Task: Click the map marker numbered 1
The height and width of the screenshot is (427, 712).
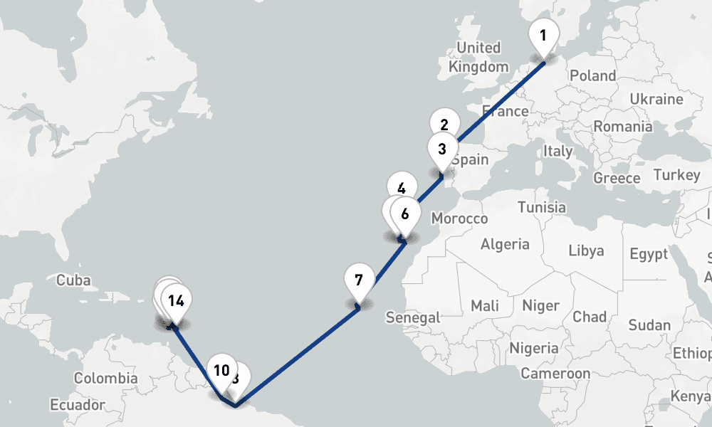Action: coord(543,36)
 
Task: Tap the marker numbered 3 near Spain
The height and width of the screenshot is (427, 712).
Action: coord(442,149)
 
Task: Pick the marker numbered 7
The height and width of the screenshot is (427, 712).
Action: coord(358,279)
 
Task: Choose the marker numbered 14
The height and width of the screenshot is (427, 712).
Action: coord(177,300)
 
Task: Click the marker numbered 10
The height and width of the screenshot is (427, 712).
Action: coord(221,370)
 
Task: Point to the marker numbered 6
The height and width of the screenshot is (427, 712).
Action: coord(405,213)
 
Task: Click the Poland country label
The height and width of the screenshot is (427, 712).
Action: coord(592,75)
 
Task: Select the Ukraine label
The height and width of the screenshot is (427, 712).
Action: coord(656,99)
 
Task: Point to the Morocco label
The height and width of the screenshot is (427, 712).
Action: coord(459,218)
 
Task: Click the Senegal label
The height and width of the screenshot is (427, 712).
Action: coord(413,317)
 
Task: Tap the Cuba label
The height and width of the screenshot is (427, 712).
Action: coord(73,280)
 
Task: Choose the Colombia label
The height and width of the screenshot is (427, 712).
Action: coord(105,378)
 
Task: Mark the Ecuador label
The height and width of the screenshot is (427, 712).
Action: coord(78,405)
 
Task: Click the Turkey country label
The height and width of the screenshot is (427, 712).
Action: coord(676,175)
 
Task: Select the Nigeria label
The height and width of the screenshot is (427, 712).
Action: coord(534,348)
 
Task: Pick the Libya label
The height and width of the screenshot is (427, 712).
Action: coord(586,251)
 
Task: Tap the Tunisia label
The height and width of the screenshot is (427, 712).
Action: coord(542,207)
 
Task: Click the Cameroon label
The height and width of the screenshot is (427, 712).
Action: coord(555,373)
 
